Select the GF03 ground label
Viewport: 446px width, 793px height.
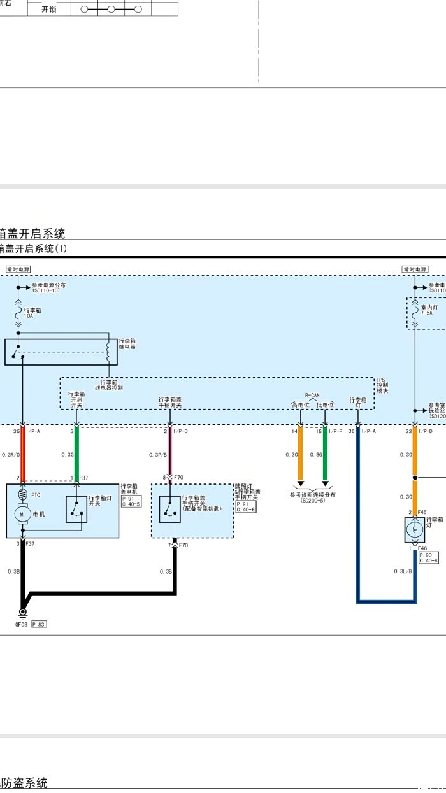pos(22,624)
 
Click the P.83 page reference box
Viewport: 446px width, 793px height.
pos(38,624)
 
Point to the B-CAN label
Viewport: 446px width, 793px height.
pos(312,395)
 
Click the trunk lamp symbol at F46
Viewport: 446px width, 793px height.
pos(415,528)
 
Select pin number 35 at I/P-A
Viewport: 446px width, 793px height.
pos(16,432)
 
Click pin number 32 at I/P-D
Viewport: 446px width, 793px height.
pos(408,432)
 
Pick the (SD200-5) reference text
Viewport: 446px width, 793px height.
pos(312,501)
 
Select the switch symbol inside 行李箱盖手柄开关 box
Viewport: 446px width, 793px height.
pos(170,508)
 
